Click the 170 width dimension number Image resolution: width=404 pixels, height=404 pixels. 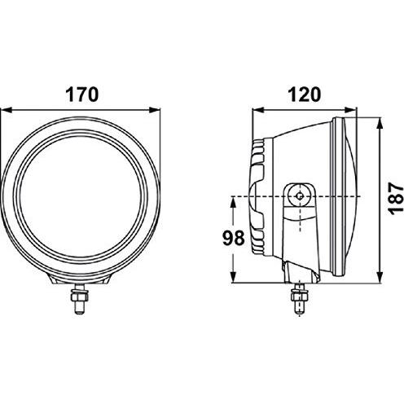coord(82,93)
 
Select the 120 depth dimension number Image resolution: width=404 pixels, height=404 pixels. coord(303,93)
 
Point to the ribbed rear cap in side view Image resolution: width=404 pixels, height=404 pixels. coord(259,195)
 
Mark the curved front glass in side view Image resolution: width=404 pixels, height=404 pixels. coord(350,195)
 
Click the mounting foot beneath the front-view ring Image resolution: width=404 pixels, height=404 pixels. coord(82,281)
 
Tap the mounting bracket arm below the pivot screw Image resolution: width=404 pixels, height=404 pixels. coord(298,236)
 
